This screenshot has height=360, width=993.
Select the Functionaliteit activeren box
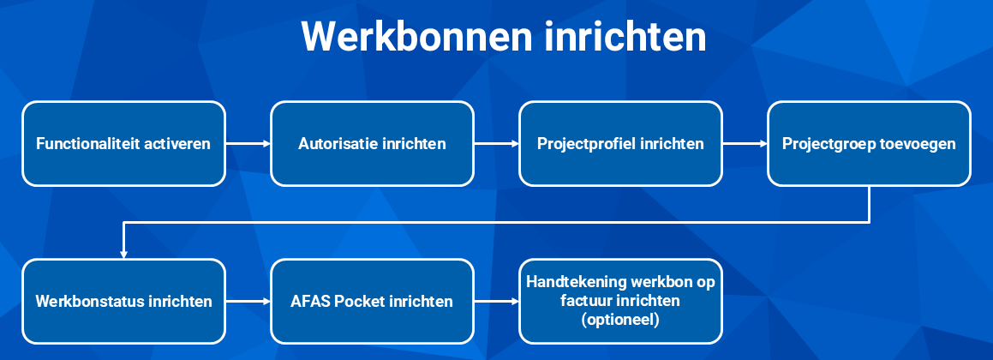click(x=123, y=144)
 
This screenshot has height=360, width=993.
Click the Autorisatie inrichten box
click(x=373, y=144)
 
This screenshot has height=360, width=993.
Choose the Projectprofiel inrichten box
click(x=620, y=144)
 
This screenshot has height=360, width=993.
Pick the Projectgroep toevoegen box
click(x=869, y=144)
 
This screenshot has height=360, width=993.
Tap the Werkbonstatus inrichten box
click(x=123, y=301)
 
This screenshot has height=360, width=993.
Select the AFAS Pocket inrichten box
click(x=373, y=301)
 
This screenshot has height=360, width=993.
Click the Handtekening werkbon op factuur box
click(x=620, y=301)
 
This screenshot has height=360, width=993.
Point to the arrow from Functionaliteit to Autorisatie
click(x=248, y=144)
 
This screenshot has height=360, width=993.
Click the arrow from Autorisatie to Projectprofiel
click(x=497, y=144)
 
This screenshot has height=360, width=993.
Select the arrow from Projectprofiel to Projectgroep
click(x=745, y=144)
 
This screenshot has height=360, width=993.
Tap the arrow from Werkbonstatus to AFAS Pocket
click(x=248, y=301)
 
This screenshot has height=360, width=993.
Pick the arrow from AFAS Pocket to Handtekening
click(x=497, y=301)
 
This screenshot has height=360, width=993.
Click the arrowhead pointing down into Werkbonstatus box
click(x=123, y=255)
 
